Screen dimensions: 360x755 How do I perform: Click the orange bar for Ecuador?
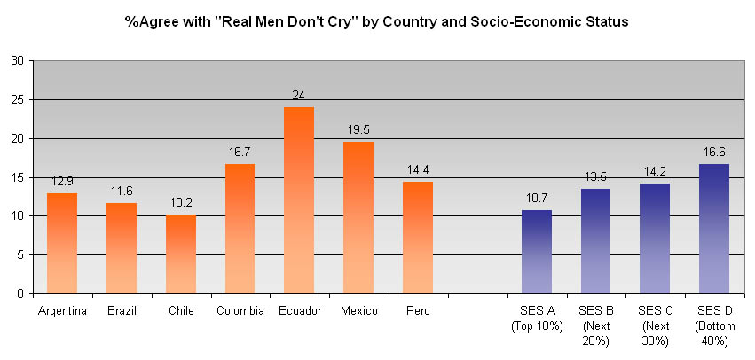(x=299, y=200)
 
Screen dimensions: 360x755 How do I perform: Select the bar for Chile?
(x=180, y=254)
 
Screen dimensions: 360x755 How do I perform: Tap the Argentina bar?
(x=62, y=243)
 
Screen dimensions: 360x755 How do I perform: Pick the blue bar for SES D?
(x=713, y=229)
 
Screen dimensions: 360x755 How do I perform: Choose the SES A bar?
(x=536, y=252)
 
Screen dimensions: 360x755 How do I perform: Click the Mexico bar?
(x=358, y=217)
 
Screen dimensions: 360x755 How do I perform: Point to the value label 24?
(x=299, y=95)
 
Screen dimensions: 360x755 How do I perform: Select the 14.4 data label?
(x=418, y=170)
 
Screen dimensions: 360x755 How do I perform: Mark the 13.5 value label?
(x=595, y=177)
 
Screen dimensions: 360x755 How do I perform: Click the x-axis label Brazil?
(x=122, y=310)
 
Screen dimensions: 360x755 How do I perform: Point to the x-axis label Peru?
(x=418, y=310)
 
